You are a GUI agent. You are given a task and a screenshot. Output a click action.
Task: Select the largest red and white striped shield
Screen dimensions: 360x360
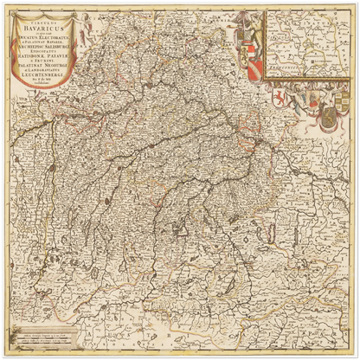[253, 69]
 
